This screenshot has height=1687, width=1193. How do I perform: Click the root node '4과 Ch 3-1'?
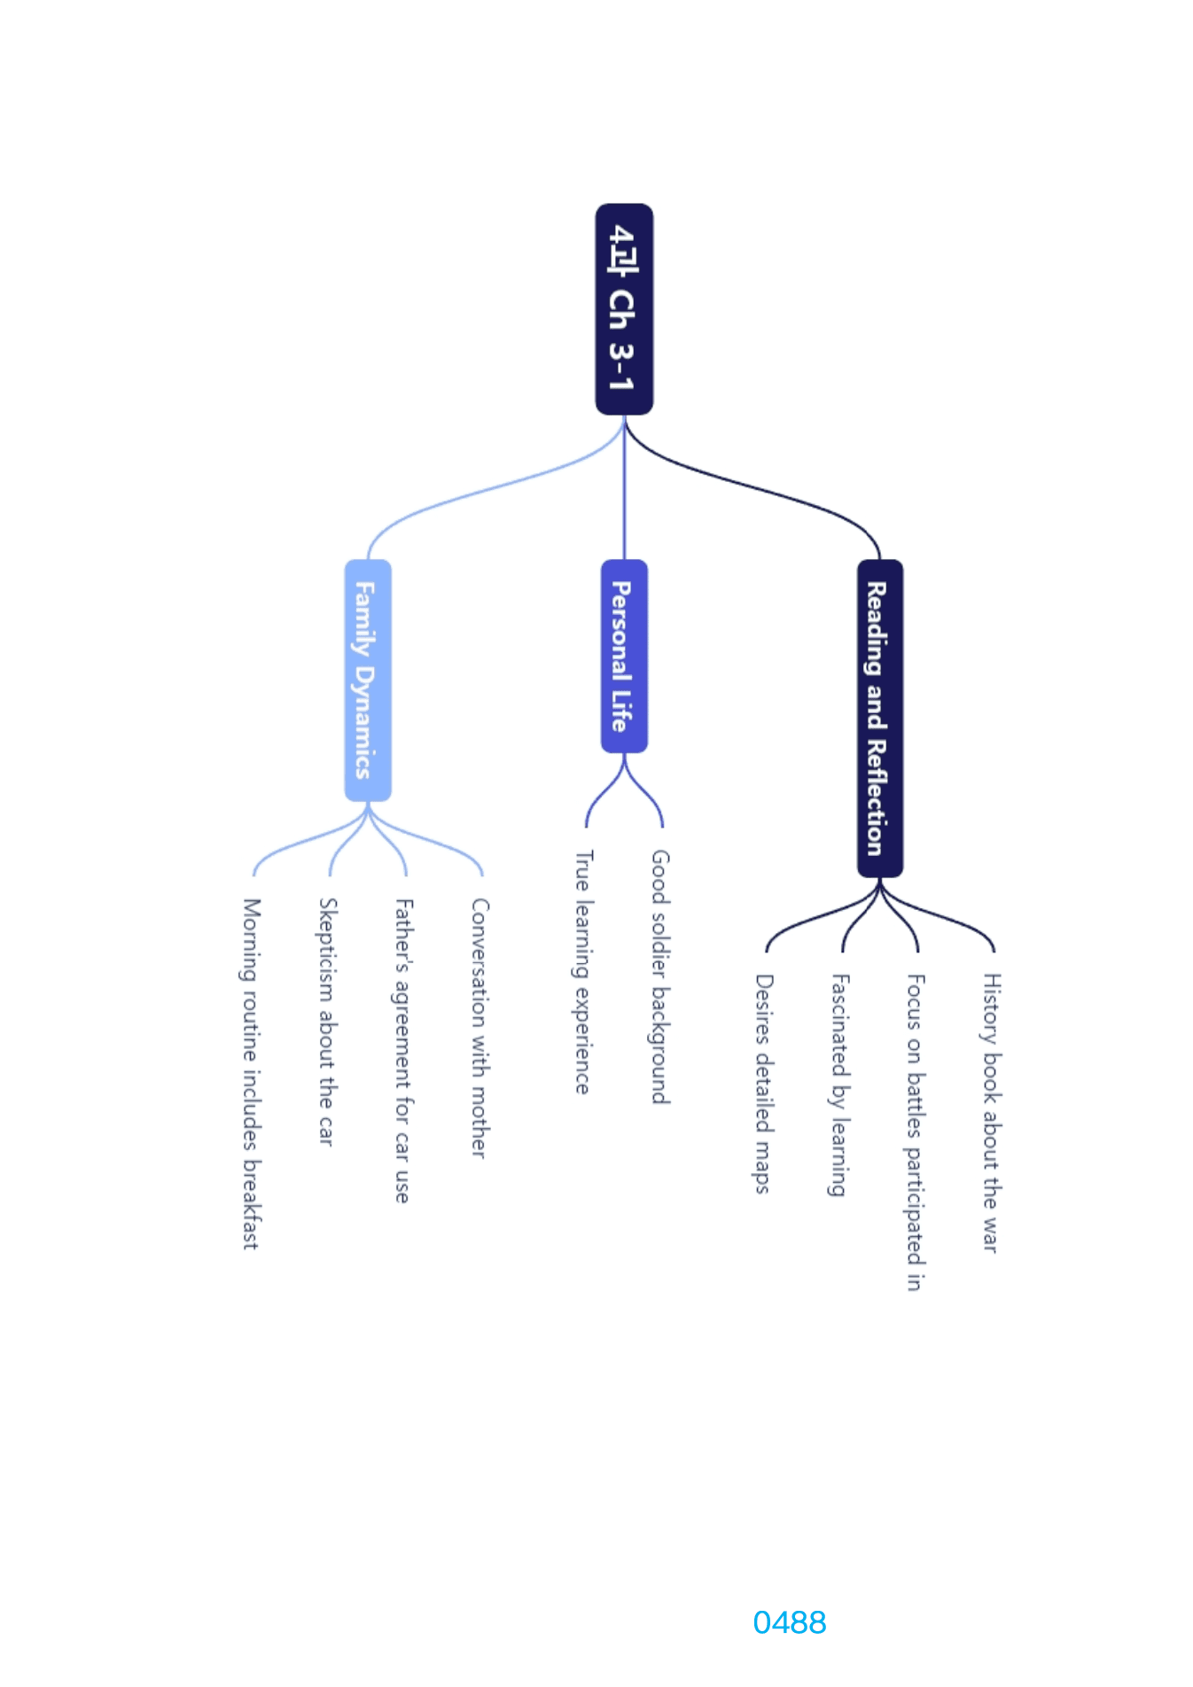tap(624, 309)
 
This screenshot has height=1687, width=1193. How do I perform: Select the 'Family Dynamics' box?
tap(368, 680)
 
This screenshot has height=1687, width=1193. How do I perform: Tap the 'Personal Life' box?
tap(624, 656)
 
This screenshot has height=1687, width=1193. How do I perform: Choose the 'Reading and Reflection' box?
tap(880, 718)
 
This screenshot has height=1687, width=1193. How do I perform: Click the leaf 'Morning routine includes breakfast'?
tap(252, 1074)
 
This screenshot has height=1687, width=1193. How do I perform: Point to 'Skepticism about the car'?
tap(328, 1022)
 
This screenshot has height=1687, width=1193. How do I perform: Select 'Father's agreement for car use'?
tap(403, 1050)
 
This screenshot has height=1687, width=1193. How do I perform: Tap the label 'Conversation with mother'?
tap(480, 1028)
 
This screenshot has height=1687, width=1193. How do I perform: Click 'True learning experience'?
tap(583, 972)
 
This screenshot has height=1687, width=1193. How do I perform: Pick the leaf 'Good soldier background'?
tap(660, 976)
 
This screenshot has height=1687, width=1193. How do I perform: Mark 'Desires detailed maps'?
tap(764, 1084)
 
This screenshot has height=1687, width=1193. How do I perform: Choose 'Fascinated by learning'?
tap(840, 1085)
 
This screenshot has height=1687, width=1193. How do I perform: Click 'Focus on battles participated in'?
tap(916, 1132)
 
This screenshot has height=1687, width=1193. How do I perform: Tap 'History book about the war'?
tap(992, 1113)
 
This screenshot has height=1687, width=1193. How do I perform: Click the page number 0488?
tap(790, 1622)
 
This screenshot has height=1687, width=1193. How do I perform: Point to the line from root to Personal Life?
tap(624, 487)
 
